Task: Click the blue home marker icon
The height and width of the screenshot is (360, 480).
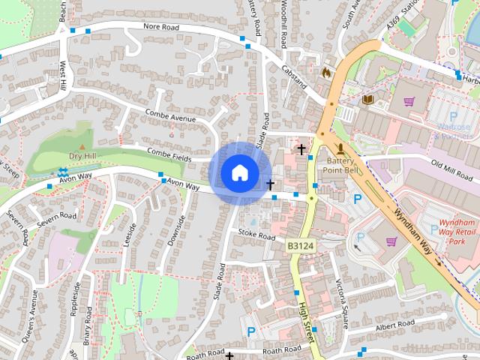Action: coord(238,172)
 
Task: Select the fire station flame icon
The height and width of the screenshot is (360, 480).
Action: coord(325,72)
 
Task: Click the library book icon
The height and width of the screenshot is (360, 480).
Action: coord(367,99)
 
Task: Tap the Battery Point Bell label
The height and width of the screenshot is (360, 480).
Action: coord(343,166)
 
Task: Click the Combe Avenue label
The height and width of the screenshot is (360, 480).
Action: coord(170,118)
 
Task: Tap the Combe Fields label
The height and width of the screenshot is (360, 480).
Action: coord(170,152)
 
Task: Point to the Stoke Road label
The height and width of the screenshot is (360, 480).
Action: coord(257,235)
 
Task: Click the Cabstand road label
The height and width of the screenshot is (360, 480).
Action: coord(295,76)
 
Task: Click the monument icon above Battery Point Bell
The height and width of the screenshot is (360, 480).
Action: coord(341,148)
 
